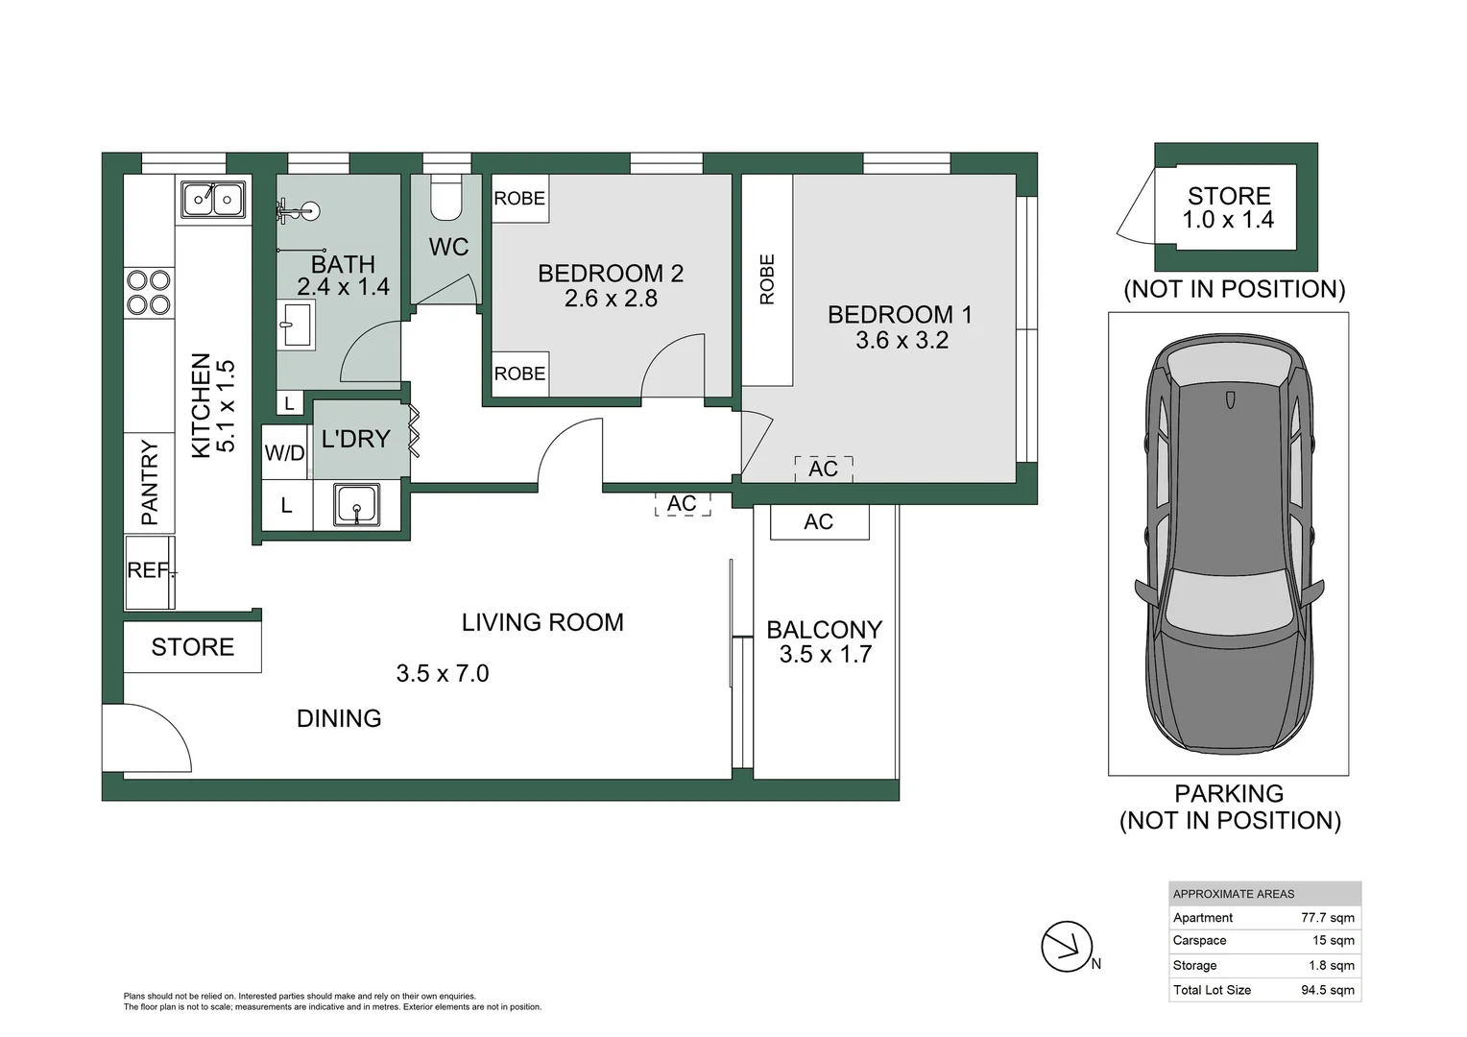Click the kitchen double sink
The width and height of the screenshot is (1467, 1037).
click(213, 199)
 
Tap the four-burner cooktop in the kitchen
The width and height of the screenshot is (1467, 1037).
click(149, 292)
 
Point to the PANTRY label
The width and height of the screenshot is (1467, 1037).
click(150, 482)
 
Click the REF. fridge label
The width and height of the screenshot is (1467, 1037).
click(150, 570)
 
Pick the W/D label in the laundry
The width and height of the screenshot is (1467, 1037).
click(285, 452)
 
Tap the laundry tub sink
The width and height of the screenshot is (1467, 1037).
click(356, 504)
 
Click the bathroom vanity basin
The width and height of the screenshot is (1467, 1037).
click(296, 324)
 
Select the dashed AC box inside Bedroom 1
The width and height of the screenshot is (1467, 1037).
click(823, 469)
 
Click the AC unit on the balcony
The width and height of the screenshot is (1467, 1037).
click(819, 522)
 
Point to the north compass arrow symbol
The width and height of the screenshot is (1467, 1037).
click(1068, 947)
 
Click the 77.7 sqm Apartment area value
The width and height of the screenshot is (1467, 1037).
click(1328, 918)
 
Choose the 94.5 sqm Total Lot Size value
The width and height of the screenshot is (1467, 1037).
click(1328, 990)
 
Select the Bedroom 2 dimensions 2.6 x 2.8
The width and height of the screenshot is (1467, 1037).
click(611, 299)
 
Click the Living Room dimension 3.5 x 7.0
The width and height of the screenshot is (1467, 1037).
click(443, 673)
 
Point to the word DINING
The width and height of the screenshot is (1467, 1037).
click(339, 718)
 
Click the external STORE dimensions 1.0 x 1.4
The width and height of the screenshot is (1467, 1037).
click(1229, 220)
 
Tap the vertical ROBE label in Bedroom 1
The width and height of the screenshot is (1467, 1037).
click(767, 279)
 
